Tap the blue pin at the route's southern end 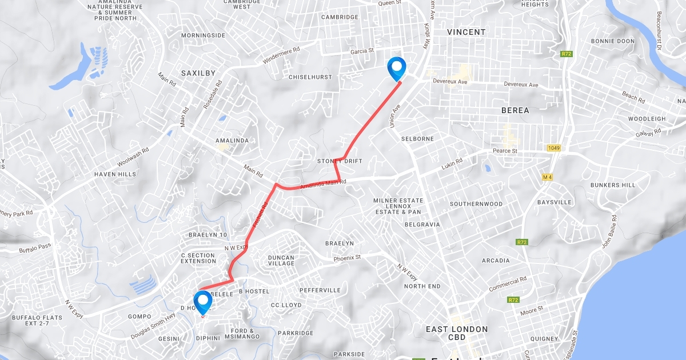(x=203, y=301)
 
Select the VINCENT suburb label (x=466, y=32)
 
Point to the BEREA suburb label (x=515, y=110)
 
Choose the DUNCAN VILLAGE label (x=281, y=261)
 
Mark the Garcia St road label (x=362, y=51)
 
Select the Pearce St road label (x=505, y=151)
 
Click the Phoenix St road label (x=348, y=258)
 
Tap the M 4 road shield (x=548, y=177)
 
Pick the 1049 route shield (x=553, y=148)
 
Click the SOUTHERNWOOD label (x=476, y=204)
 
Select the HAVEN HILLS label (x=115, y=174)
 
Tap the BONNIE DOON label (x=613, y=41)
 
